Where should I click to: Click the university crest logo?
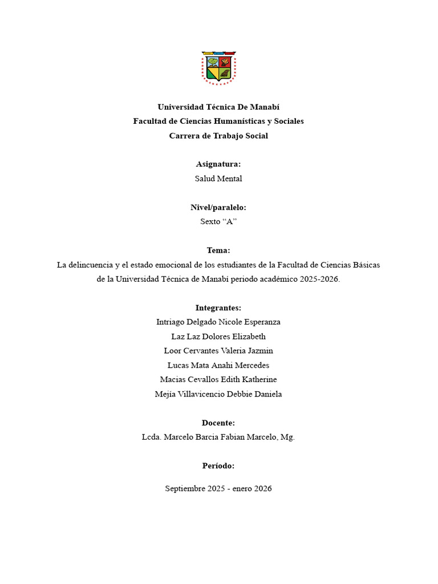tap(218, 68)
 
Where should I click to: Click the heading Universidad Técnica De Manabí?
tap(218, 107)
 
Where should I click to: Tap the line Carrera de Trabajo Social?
tap(218, 136)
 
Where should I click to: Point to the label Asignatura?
tap(218, 164)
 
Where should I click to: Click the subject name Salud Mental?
tap(218, 179)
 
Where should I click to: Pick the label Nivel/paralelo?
tap(218, 208)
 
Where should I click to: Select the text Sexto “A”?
tap(218, 222)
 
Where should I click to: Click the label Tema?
tap(218, 250)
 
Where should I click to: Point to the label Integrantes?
tap(218, 308)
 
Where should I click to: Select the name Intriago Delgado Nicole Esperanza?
tap(218, 322)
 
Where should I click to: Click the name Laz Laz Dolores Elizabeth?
tap(218, 336)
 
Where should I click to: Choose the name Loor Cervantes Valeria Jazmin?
tap(218, 351)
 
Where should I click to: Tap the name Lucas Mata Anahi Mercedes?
tap(218, 365)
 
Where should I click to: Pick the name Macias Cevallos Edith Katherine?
tap(218, 379)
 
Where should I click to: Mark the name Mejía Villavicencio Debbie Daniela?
tap(218, 394)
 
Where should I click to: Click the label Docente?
tap(218, 423)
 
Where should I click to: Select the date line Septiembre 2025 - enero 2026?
tap(218, 489)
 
